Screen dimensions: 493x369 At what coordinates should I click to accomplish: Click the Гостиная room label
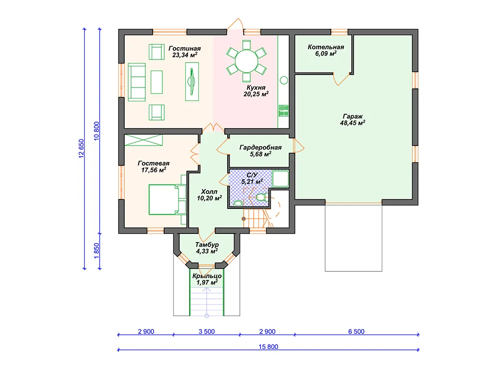(184, 52)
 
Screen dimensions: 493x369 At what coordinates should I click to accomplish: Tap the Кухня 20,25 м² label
(256, 91)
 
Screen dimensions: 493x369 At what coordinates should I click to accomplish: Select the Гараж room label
(352, 120)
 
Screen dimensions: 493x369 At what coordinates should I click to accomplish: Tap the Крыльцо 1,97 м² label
(207, 279)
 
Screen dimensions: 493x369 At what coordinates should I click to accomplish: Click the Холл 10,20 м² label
(209, 195)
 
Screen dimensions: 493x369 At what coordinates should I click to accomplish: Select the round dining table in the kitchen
(246, 61)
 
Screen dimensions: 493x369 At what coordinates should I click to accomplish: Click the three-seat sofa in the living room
(137, 82)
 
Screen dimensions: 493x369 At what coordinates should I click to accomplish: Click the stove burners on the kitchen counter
(283, 111)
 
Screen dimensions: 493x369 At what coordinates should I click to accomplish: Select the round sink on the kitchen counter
(284, 80)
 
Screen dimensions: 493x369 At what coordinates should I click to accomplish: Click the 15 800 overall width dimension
(268, 347)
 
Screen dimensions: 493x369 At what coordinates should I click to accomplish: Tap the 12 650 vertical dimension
(81, 148)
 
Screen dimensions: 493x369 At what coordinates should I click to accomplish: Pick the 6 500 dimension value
(356, 332)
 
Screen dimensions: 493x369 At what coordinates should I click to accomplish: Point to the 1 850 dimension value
(96, 251)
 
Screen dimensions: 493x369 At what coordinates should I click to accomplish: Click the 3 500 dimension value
(207, 332)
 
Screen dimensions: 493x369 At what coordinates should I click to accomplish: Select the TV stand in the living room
(192, 82)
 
